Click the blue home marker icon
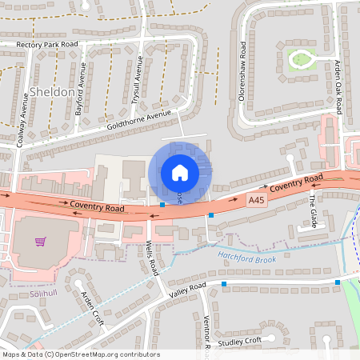point(179,172)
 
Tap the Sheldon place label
point(53,92)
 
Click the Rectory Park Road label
point(47,45)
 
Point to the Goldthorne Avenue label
point(140,122)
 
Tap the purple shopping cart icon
point(38,242)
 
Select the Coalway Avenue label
point(25,117)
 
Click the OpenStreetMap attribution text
point(80,354)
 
